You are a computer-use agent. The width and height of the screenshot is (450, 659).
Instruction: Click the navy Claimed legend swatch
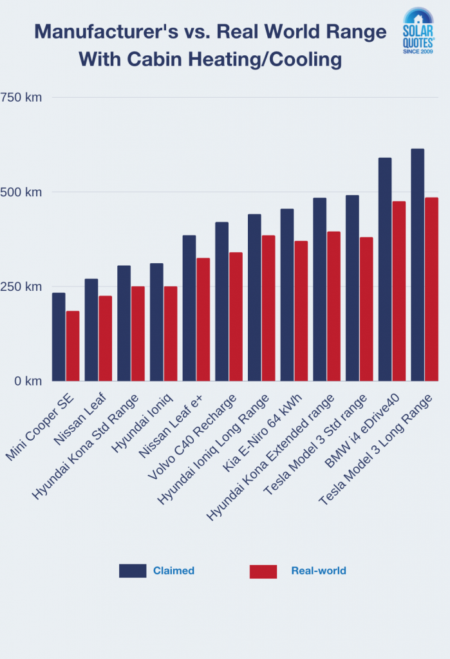pos(133,571)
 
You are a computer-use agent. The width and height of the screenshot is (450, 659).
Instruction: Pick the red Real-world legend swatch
pos(263,571)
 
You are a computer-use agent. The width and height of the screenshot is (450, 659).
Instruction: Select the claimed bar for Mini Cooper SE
pos(59,337)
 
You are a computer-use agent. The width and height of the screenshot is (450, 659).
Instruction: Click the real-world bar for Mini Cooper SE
pos(73,346)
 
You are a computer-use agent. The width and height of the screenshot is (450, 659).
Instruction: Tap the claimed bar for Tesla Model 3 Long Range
pos(417,265)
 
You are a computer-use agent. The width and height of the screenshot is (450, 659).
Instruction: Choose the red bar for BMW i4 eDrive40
pos(399,291)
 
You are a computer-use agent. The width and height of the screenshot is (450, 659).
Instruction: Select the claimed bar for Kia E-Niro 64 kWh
pos(287,294)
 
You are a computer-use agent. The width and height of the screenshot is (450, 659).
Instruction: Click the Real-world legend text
pos(318,571)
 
